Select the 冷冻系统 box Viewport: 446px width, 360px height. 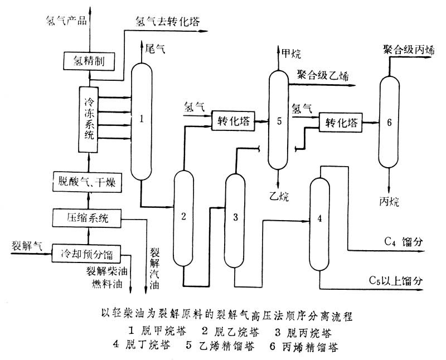(x=89, y=119)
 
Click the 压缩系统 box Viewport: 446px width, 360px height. (x=86, y=218)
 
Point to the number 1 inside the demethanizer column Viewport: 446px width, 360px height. (x=143, y=118)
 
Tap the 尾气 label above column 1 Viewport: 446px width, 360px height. (x=155, y=49)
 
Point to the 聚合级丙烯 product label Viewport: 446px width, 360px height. (x=409, y=49)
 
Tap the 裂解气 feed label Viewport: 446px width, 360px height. (x=23, y=245)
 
